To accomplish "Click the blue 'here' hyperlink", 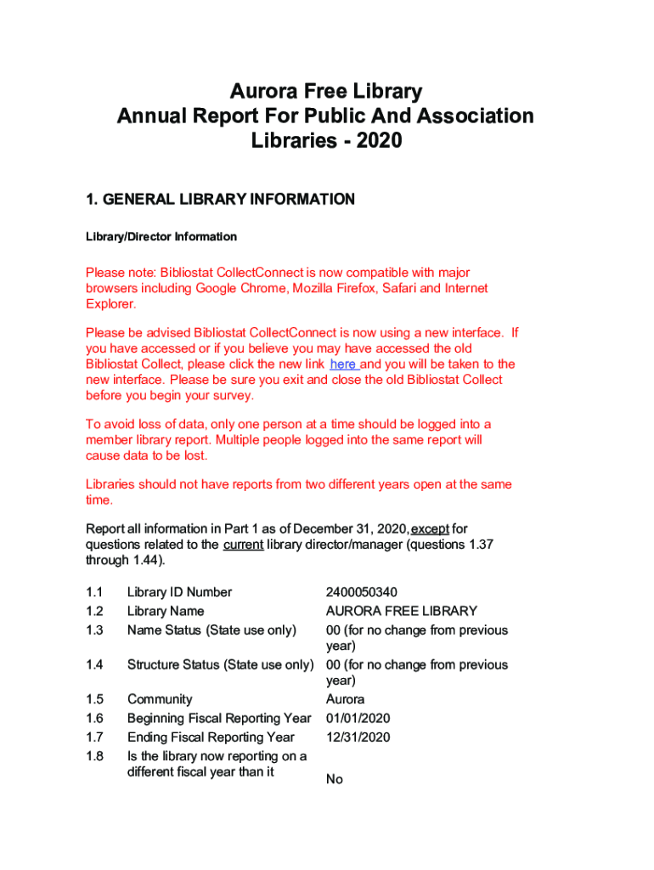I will point(343,364).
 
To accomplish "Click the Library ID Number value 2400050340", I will point(361,592).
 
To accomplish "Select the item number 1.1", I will point(94,592).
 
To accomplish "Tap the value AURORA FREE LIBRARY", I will point(402,611).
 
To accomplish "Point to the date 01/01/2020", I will point(358,718).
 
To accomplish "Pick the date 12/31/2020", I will point(358,737).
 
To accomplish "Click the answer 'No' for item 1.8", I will point(335,779).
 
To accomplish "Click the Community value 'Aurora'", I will point(345,699).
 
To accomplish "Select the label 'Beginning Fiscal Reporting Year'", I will point(219,718).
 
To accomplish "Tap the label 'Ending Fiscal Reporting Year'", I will point(211,737).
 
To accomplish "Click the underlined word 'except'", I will point(430,528).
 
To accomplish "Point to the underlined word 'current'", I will point(243,545).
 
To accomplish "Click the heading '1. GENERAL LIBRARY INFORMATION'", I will point(220,200).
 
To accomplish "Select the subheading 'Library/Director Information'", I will point(161,236).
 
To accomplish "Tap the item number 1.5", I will point(94,699).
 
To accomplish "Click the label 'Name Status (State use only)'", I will point(211,630).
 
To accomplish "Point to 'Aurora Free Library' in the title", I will point(326,92).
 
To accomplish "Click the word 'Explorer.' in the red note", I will point(110,304).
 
